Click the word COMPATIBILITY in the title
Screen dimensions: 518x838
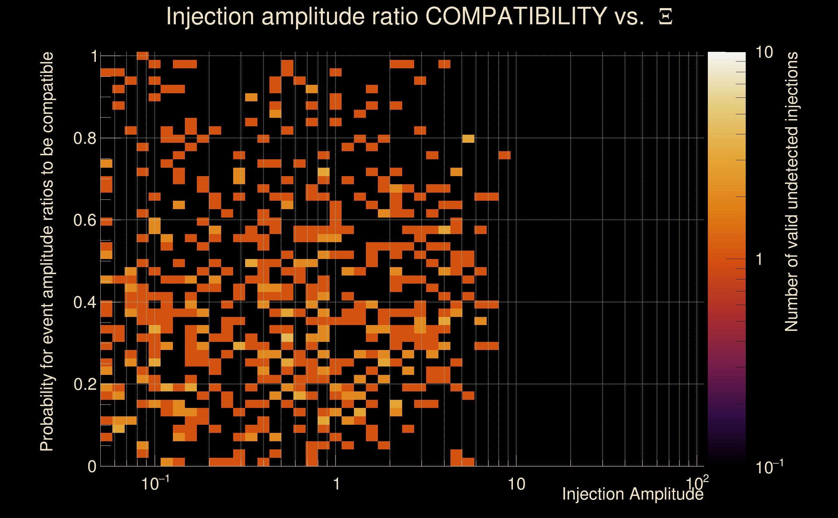coord(516,16)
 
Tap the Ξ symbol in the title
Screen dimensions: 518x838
coord(665,17)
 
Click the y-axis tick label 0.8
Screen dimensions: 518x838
coord(85,139)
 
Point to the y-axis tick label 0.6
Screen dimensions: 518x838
coord(85,220)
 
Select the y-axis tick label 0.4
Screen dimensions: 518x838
coord(85,302)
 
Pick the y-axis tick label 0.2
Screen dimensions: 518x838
coord(85,384)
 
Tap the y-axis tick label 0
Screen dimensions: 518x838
coord(92,467)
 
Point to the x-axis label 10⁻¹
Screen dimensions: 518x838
coord(155,484)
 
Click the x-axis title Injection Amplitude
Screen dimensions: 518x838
coord(633,494)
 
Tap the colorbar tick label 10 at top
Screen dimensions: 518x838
coord(764,53)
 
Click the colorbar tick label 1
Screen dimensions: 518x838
coord(759,259)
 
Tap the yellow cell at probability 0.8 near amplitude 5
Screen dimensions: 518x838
coord(468,139)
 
